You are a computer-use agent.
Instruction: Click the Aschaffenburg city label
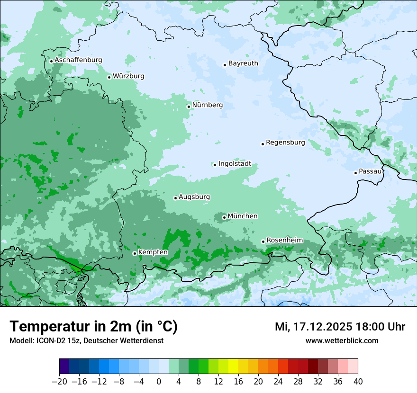coord(78,60)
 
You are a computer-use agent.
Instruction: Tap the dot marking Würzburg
coord(109,77)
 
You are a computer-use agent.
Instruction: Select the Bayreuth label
coord(243,63)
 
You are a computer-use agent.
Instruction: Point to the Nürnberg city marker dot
coord(189,107)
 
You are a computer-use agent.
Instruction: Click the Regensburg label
coord(285,142)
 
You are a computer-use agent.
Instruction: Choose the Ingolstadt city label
coord(235,164)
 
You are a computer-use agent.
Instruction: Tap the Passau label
coord(370,171)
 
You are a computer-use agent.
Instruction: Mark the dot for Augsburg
coord(175,198)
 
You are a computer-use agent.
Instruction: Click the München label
coord(243,216)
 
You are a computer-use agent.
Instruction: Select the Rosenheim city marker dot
coord(263,241)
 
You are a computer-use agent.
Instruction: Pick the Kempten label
coord(153,252)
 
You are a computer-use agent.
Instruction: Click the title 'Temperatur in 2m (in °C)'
coord(93,327)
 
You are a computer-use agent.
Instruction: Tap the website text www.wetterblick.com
coord(342,340)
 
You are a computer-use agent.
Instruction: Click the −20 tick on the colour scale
coord(59,382)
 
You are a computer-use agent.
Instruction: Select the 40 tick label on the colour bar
coord(358,382)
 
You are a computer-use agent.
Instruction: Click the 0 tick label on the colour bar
coord(159,382)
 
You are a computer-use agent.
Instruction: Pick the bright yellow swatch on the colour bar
coord(233,366)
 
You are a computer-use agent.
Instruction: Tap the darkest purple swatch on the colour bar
coord(64,366)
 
